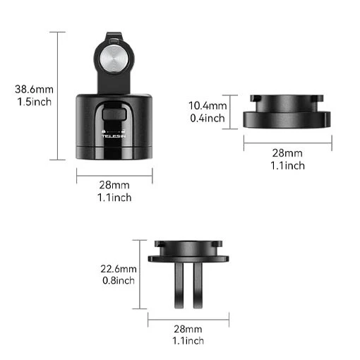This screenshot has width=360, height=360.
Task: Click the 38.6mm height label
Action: click(34, 90)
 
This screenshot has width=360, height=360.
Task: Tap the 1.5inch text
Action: click(35, 102)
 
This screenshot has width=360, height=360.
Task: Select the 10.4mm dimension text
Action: click(208, 106)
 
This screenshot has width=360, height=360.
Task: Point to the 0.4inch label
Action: click(208, 118)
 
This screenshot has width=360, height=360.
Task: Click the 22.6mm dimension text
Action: click(119, 269)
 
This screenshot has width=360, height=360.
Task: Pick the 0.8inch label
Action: click(119, 280)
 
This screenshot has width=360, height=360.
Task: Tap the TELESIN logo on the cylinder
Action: click(114, 136)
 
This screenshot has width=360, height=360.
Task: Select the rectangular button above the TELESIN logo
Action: click(114, 114)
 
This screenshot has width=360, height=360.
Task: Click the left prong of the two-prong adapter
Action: click(179, 285)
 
